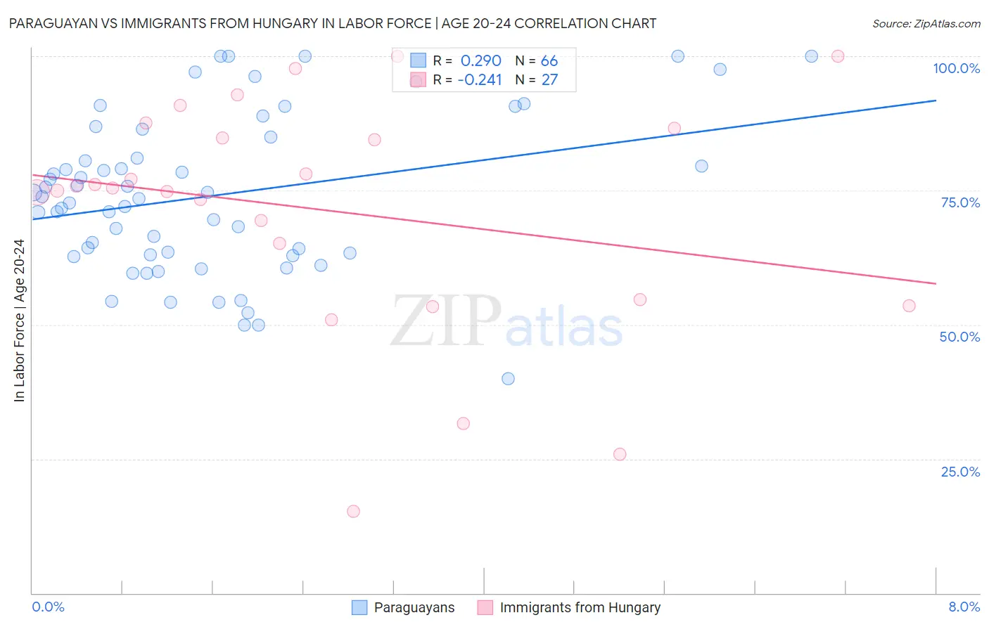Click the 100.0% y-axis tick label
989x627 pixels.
pos(956,68)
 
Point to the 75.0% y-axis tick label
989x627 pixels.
pos(960,202)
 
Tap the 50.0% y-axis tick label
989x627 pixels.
pos(959,337)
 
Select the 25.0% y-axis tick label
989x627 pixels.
pos(960,472)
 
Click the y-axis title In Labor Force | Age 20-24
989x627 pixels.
pos(20,321)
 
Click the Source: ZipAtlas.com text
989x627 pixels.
pos(926,24)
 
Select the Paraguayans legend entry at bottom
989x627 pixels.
pos(414,608)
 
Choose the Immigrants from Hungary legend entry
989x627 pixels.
pos(580,608)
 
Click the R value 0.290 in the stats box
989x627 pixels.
pos(480,61)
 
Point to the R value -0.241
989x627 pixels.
pos(480,80)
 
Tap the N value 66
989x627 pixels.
pos(549,61)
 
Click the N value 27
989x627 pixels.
pos(549,80)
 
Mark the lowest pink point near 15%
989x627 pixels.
pos(354,511)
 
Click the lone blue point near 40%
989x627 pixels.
pos(508,379)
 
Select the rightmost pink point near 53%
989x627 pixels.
pos(909,306)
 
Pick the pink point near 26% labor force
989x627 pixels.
pos(620,454)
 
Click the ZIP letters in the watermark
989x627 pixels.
pos(446,321)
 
